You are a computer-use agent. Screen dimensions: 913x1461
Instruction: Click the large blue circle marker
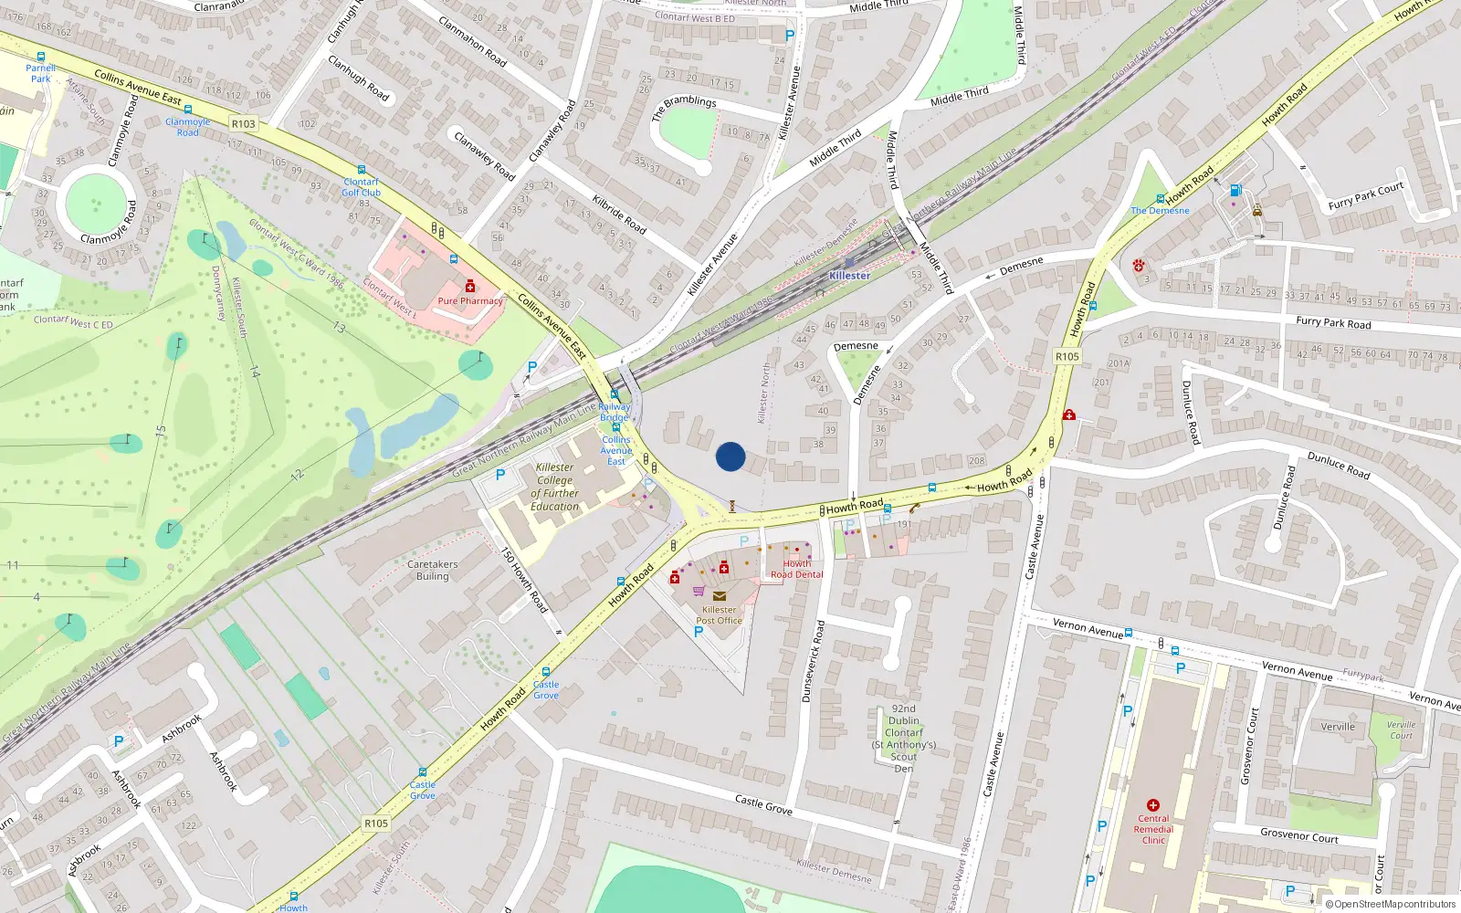tap(730, 456)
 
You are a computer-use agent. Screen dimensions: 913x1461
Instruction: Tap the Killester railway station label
tap(849, 276)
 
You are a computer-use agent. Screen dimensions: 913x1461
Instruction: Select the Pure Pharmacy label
tap(470, 300)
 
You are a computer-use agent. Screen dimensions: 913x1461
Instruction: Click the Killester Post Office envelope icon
tap(719, 596)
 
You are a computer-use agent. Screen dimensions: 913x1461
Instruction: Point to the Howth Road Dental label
tap(796, 569)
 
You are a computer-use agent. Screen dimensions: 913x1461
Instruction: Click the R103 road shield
tap(244, 124)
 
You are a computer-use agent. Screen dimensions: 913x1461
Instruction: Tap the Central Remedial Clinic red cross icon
tap(1153, 805)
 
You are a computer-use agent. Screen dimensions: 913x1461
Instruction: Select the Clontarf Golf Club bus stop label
tap(362, 187)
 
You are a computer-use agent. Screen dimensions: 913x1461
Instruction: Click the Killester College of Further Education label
tap(554, 487)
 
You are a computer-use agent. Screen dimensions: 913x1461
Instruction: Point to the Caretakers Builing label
tap(433, 570)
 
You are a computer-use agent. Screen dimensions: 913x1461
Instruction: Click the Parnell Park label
tap(40, 73)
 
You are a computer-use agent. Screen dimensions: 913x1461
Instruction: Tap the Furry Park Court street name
tap(1365, 195)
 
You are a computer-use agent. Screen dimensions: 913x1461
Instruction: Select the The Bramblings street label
tap(684, 107)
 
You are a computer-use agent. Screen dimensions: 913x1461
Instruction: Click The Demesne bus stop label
tap(1160, 211)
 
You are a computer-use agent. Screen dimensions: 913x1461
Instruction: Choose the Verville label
tap(1338, 727)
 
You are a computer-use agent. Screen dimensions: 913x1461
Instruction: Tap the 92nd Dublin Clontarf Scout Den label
tap(903, 738)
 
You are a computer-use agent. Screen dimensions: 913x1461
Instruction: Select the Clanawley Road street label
tap(485, 154)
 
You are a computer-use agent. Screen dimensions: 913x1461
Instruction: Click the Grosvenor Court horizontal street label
tap(1298, 836)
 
